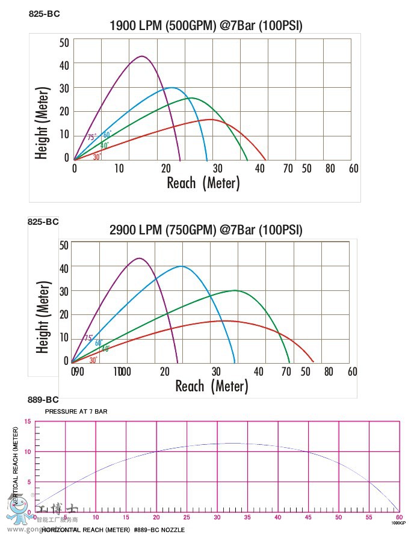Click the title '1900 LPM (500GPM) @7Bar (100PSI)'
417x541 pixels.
click(x=206, y=25)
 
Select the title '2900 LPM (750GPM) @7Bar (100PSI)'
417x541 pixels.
click(x=206, y=230)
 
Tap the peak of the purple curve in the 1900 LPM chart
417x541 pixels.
click(x=142, y=57)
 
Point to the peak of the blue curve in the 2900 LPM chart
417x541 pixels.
click(x=181, y=266)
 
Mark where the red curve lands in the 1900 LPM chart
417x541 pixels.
click(x=265, y=160)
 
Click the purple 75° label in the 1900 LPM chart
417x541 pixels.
click(x=91, y=137)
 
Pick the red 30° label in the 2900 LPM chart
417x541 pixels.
click(x=93, y=360)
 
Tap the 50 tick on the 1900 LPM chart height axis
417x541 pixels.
click(x=64, y=42)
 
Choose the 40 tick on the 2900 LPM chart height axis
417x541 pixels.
click(x=64, y=268)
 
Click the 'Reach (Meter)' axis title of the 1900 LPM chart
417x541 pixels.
click(x=203, y=183)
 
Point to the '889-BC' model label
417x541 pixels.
click(x=43, y=400)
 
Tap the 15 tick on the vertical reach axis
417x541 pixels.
click(x=27, y=421)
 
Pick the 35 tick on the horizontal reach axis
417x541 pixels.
click(x=217, y=518)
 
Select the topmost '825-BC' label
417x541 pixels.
click(x=44, y=13)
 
